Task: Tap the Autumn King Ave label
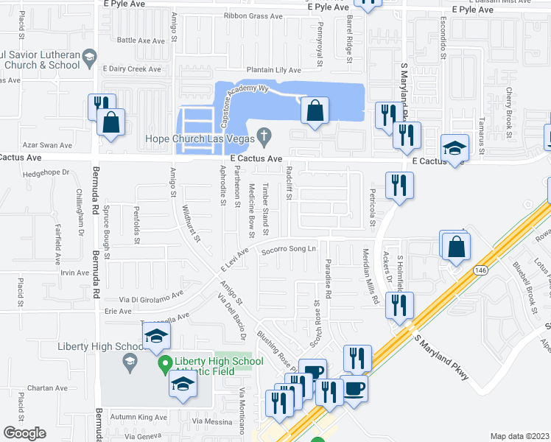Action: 138,417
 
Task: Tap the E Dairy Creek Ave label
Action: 132,69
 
